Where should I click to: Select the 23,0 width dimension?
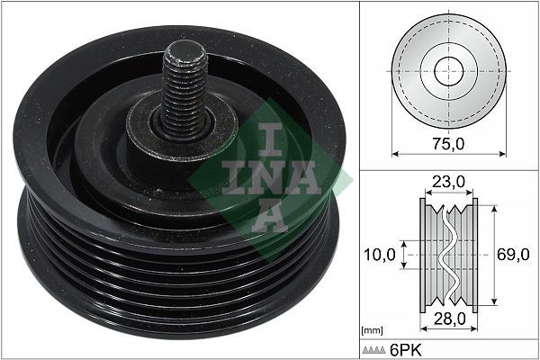(448, 182)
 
